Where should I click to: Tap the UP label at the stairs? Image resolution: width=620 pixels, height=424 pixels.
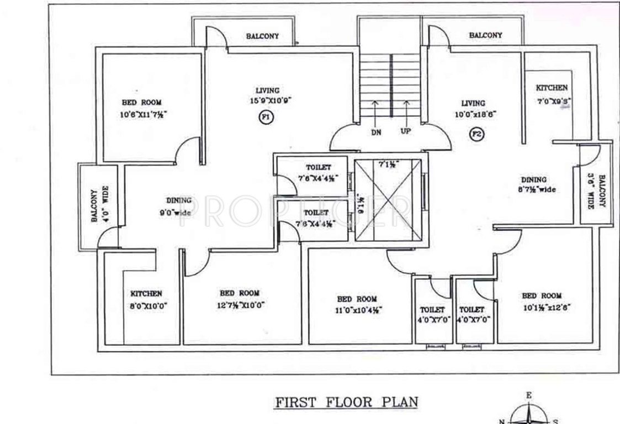click(406, 131)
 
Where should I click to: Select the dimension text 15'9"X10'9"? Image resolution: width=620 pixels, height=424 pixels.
click(269, 100)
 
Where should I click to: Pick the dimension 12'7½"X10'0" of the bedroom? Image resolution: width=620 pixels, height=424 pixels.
click(240, 304)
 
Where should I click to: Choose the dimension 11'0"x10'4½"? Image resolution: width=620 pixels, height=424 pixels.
click(358, 310)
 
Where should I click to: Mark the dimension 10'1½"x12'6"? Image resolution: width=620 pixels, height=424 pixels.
click(541, 306)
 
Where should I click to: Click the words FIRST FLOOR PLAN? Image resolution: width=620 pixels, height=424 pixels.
click(346, 401)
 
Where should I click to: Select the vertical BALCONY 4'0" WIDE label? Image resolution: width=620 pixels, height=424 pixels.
click(99, 205)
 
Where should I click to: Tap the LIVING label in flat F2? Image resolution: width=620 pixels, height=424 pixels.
click(474, 103)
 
